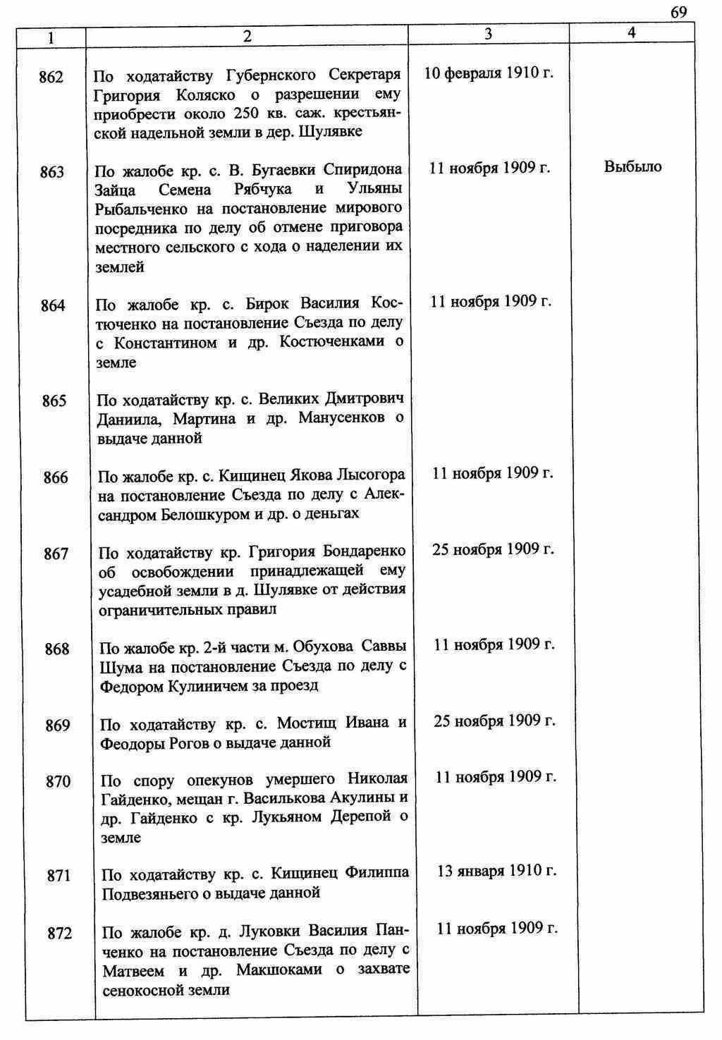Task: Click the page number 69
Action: [x=678, y=12]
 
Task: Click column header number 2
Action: [x=247, y=37]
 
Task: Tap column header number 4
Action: [x=632, y=32]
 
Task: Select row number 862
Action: [x=51, y=77]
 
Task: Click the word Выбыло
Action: [x=633, y=167]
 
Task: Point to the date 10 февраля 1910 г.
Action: [x=489, y=73]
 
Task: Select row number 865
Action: [x=54, y=400]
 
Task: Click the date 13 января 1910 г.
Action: [x=496, y=871]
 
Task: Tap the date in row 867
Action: [x=494, y=549]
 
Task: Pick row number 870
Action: [x=58, y=781]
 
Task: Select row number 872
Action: [x=59, y=933]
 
